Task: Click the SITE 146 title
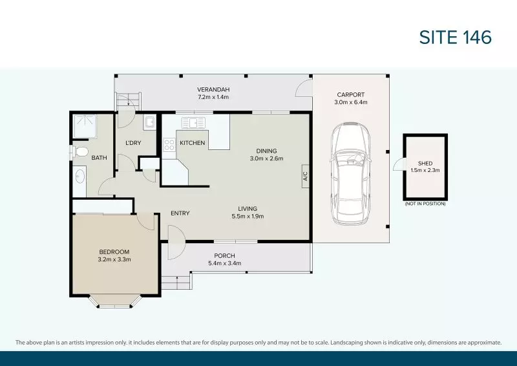point(456,37)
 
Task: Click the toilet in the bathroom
point(80,151)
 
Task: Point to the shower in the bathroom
point(83,125)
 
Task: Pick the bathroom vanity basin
point(80,175)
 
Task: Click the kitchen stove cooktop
point(169,145)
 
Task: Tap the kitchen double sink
point(193,122)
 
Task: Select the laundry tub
point(149,122)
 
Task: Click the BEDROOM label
point(114,252)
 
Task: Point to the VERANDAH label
point(213,89)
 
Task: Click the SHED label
point(425,164)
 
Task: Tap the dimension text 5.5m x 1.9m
point(248,217)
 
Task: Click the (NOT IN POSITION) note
point(425,204)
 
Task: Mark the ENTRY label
point(180,213)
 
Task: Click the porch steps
point(176,283)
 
